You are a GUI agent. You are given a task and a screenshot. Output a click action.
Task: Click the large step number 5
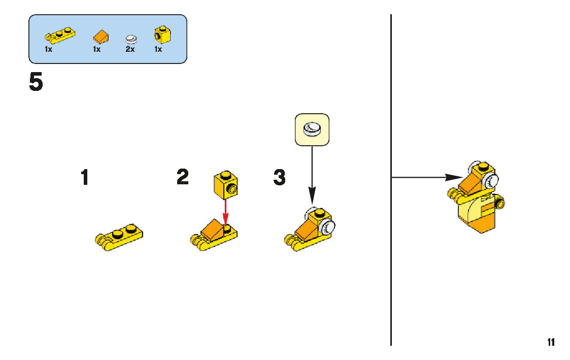(x=36, y=83)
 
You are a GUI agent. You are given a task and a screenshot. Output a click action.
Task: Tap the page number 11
(x=551, y=342)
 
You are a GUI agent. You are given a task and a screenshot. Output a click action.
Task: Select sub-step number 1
(x=85, y=178)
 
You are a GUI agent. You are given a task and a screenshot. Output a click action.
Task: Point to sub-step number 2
(x=183, y=177)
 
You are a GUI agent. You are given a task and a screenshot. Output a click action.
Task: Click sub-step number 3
(x=280, y=177)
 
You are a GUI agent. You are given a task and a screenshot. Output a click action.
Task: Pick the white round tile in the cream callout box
(x=312, y=129)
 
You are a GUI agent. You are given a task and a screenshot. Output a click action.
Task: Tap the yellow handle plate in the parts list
(x=60, y=35)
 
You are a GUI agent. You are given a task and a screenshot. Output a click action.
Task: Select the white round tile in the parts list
(x=131, y=38)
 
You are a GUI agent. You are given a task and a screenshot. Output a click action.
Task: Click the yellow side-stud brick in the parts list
(x=162, y=35)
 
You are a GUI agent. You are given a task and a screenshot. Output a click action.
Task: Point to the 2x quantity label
(x=130, y=50)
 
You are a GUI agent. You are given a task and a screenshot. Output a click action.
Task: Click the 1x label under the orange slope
(x=96, y=50)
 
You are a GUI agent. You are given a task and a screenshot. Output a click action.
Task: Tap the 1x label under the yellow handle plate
(x=48, y=50)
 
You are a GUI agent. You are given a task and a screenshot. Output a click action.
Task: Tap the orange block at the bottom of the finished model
(x=485, y=223)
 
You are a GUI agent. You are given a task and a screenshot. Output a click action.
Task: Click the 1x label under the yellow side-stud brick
(x=158, y=50)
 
